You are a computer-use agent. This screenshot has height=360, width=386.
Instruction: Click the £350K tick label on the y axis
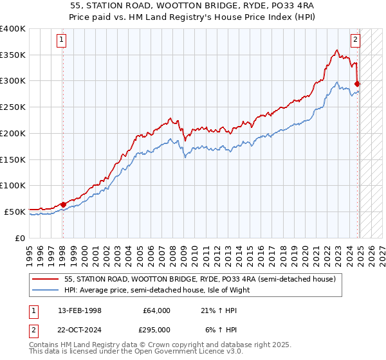[13, 55]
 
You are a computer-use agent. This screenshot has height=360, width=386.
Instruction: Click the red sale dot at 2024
[357, 83]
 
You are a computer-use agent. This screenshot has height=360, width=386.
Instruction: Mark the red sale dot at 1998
[63, 204]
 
